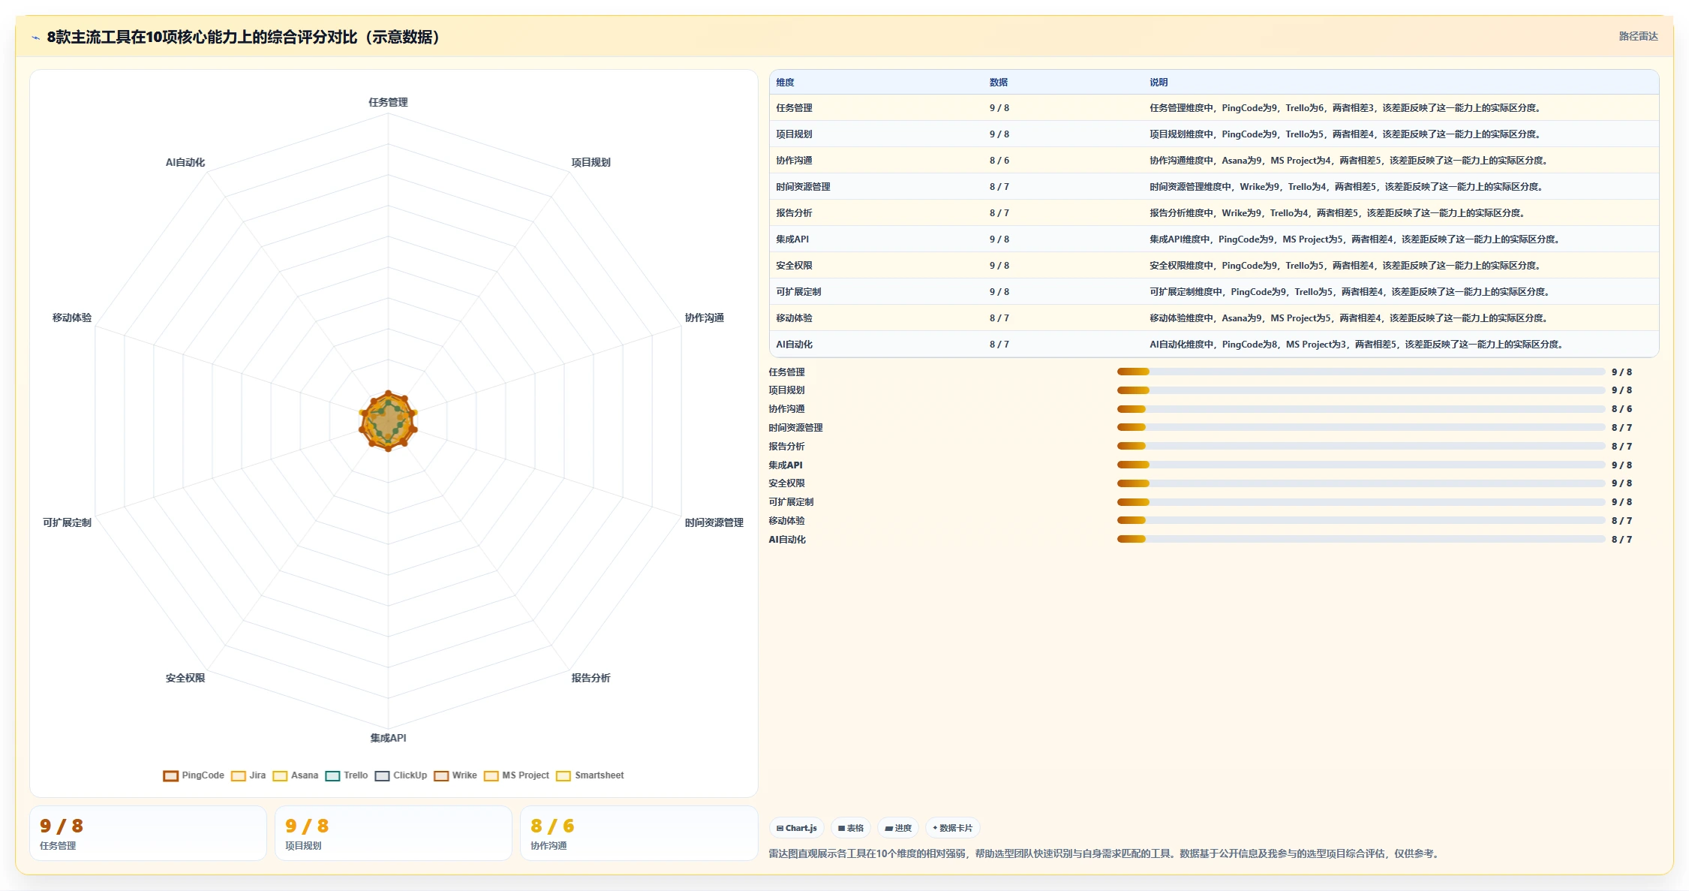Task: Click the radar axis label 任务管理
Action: click(x=388, y=102)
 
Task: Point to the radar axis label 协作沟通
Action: click(x=704, y=318)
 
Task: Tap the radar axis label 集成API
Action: click(x=388, y=738)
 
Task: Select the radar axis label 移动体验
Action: click(x=72, y=318)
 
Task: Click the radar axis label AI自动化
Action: click(x=185, y=162)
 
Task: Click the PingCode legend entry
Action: click(x=194, y=775)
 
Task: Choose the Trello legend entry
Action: click(x=347, y=775)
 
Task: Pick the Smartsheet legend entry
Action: click(x=590, y=775)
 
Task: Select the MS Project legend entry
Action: click(x=516, y=775)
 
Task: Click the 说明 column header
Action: click(x=1159, y=83)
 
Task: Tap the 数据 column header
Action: click(x=998, y=83)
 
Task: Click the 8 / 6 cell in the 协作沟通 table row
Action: click(x=999, y=161)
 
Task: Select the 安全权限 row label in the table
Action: click(x=794, y=266)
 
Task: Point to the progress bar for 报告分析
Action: click(x=1361, y=446)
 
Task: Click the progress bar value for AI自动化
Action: click(x=1621, y=540)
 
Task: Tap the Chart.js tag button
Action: click(x=797, y=828)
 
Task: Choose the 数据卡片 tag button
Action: click(x=953, y=828)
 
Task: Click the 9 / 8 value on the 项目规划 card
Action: click(x=307, y=826)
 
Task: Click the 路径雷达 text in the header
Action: click(x=1638, y=36)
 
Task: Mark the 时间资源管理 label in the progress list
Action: click(x=795, y=428)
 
